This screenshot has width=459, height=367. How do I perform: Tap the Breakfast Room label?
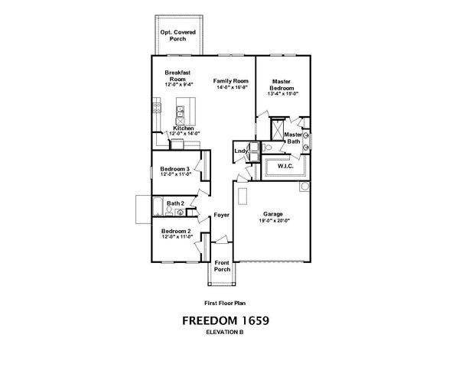pos(177,75)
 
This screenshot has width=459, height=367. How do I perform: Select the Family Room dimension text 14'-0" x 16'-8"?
pos(230,88)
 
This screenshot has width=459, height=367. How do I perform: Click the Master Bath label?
pos(292,138)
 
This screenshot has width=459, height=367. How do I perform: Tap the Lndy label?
pos(240,151)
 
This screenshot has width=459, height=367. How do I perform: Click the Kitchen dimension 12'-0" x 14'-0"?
pos(184,134)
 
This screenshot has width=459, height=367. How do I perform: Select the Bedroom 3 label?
pos(175,167)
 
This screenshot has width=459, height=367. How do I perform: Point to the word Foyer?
pos(222,216)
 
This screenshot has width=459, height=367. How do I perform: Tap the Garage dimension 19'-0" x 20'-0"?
pos(273,221)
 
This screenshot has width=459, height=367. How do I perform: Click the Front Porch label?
pos(222,265)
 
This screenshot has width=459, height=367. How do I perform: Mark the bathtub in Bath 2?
pos(156,207)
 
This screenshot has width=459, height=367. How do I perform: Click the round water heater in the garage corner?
pos(304,186)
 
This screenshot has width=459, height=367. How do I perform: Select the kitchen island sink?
pos(181,119)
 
